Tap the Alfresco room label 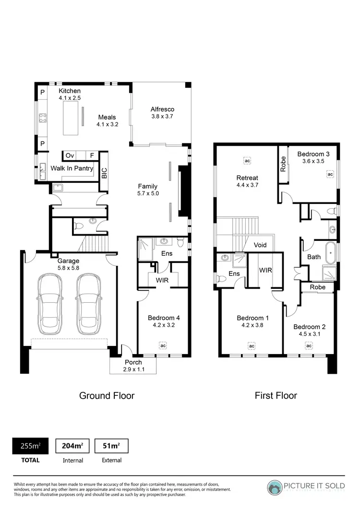coord(162,109)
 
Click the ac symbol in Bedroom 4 coord(163,345)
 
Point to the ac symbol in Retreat coord(247,160)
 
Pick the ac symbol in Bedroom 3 coord(330,174)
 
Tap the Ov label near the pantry coord(70,155)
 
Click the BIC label coord(104,172)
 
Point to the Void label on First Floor coord(260,245)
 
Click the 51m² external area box coord(111,446)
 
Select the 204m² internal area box coord(72,446)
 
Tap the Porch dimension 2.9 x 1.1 coord(133,369)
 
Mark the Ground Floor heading coord(107,396)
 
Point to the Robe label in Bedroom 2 coord(317,287)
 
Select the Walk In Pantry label coord(72,168)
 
